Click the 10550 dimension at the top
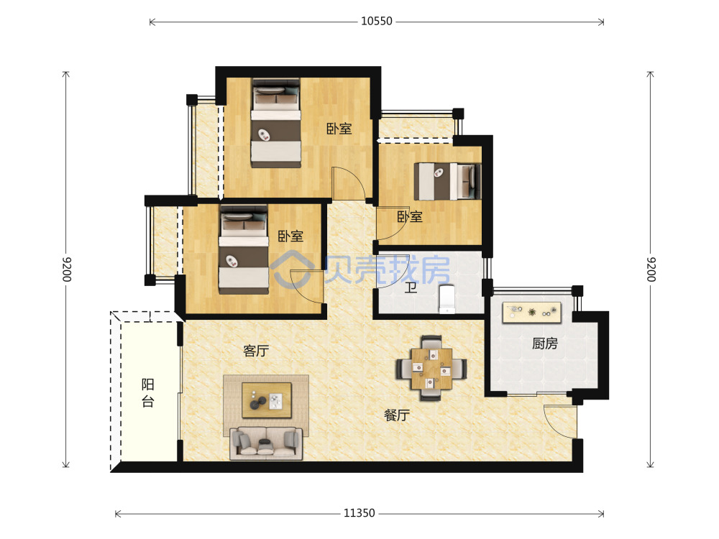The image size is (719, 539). click(x=377, y=22)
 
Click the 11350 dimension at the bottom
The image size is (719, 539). click(x=359, y=513)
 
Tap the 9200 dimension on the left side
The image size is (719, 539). click(x=67, y=269)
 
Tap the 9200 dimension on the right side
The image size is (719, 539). click(x=651, y=269)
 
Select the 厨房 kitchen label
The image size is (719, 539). click(x=545, y=344)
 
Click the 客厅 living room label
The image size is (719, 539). click(x=256, y=351)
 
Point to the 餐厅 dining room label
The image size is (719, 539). click(x=397, y=415)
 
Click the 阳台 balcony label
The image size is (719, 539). click(x=147, y=393)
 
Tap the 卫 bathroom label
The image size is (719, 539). click(x=411, y=288)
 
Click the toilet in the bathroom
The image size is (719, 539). click(x=447, y=299)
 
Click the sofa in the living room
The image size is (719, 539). click(x=266, y=443)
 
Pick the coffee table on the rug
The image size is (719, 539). click(x=267, y=400)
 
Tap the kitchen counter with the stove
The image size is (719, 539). click(x=532, y=313)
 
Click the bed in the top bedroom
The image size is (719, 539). click(x=275, y=123)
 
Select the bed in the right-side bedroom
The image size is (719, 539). click(x=447, y=182)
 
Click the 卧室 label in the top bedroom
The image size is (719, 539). click(x=339, y=129)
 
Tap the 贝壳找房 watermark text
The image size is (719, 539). click(x=388, y=269)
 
